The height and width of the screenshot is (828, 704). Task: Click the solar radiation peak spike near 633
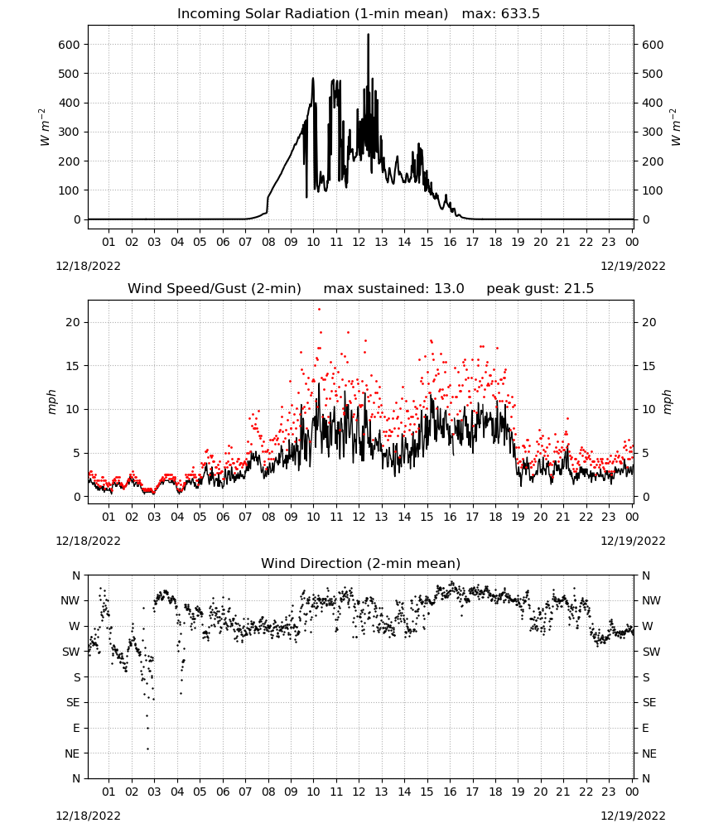pyautogui.click(x=368, y=36)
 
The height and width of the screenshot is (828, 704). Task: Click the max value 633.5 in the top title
pyautogui.click(x=520, y=14)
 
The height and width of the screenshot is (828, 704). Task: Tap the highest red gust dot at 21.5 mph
pyautogui.click(x=319, y=310)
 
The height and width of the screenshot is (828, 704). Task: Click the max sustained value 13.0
pyautogui.click(x=449, y=289)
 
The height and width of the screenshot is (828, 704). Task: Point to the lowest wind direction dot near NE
pyautogui.click(x=148, y=749)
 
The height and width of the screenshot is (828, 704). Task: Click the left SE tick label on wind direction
pyautogui.click(x=73, y=702)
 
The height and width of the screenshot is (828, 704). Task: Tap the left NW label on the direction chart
pyautogui.click(x=70, y=600)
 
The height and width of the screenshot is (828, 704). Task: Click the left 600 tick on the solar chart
pyautogui.click(x=70, y=45)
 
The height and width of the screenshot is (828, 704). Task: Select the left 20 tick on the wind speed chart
pyautogui.click(x=73, y=322)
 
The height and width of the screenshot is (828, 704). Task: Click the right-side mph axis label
pyautogui.click(x=667, y=402)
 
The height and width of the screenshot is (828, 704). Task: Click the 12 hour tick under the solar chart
pyautogui.click(x=359, y=242)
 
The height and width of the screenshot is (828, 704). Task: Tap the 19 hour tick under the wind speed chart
pyautogui.click(x=518, y=517)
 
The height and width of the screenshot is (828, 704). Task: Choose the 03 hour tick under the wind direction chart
pyautogui.click(x=154, y=792)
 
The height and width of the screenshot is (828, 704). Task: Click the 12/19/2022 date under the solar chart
pyautogui.click(x=633, y=266)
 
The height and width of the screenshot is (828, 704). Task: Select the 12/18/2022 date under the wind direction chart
pyautogui.click(x=88, y=816)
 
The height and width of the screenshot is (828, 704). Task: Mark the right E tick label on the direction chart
pyautogui.click(x=645, y=728)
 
